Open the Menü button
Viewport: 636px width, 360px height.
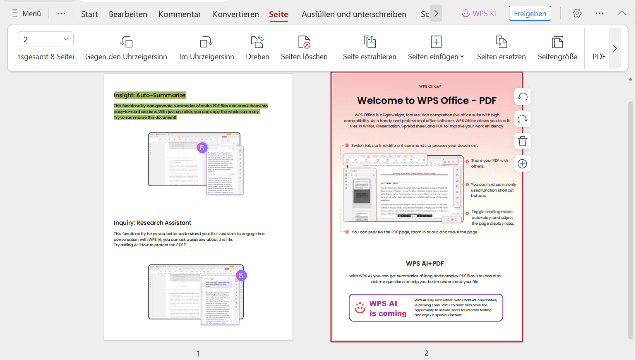(26, 14)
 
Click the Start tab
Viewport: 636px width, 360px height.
(89, 14)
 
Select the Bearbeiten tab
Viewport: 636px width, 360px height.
(128, 14)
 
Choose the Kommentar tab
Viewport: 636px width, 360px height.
(180, 14)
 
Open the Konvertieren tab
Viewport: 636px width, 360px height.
(236, 14)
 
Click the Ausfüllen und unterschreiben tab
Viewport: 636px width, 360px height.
(354, 14)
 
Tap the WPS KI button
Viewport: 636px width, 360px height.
(479, 13)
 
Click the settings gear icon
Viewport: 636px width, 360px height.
(577, 13)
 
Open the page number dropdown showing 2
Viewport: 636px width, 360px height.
(46, 39)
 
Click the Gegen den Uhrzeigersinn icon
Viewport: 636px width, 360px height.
(126, 42)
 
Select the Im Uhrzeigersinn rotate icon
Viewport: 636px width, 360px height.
(206, 42)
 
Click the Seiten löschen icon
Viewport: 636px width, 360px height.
(304, 42)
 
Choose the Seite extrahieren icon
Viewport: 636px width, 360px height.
(370, 42)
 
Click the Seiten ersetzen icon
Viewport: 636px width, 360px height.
(501, 42)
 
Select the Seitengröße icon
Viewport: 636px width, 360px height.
(557, 42)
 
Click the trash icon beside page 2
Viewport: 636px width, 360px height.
(523, 142)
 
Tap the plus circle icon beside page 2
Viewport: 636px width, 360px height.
(523, 164)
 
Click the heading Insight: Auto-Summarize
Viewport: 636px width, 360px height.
(150, 95)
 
